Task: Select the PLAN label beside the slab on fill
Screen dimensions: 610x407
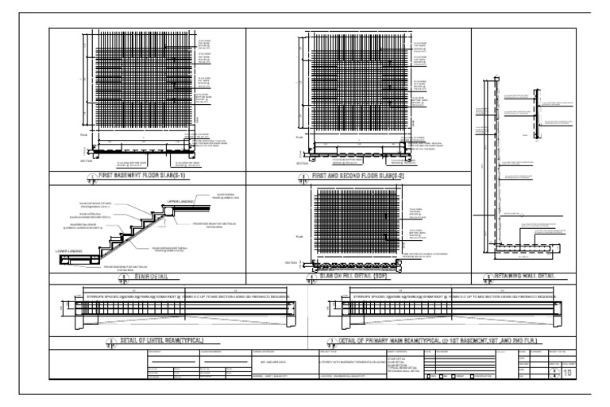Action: pos(301,237)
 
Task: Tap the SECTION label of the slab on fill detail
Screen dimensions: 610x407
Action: pos(291,262)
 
